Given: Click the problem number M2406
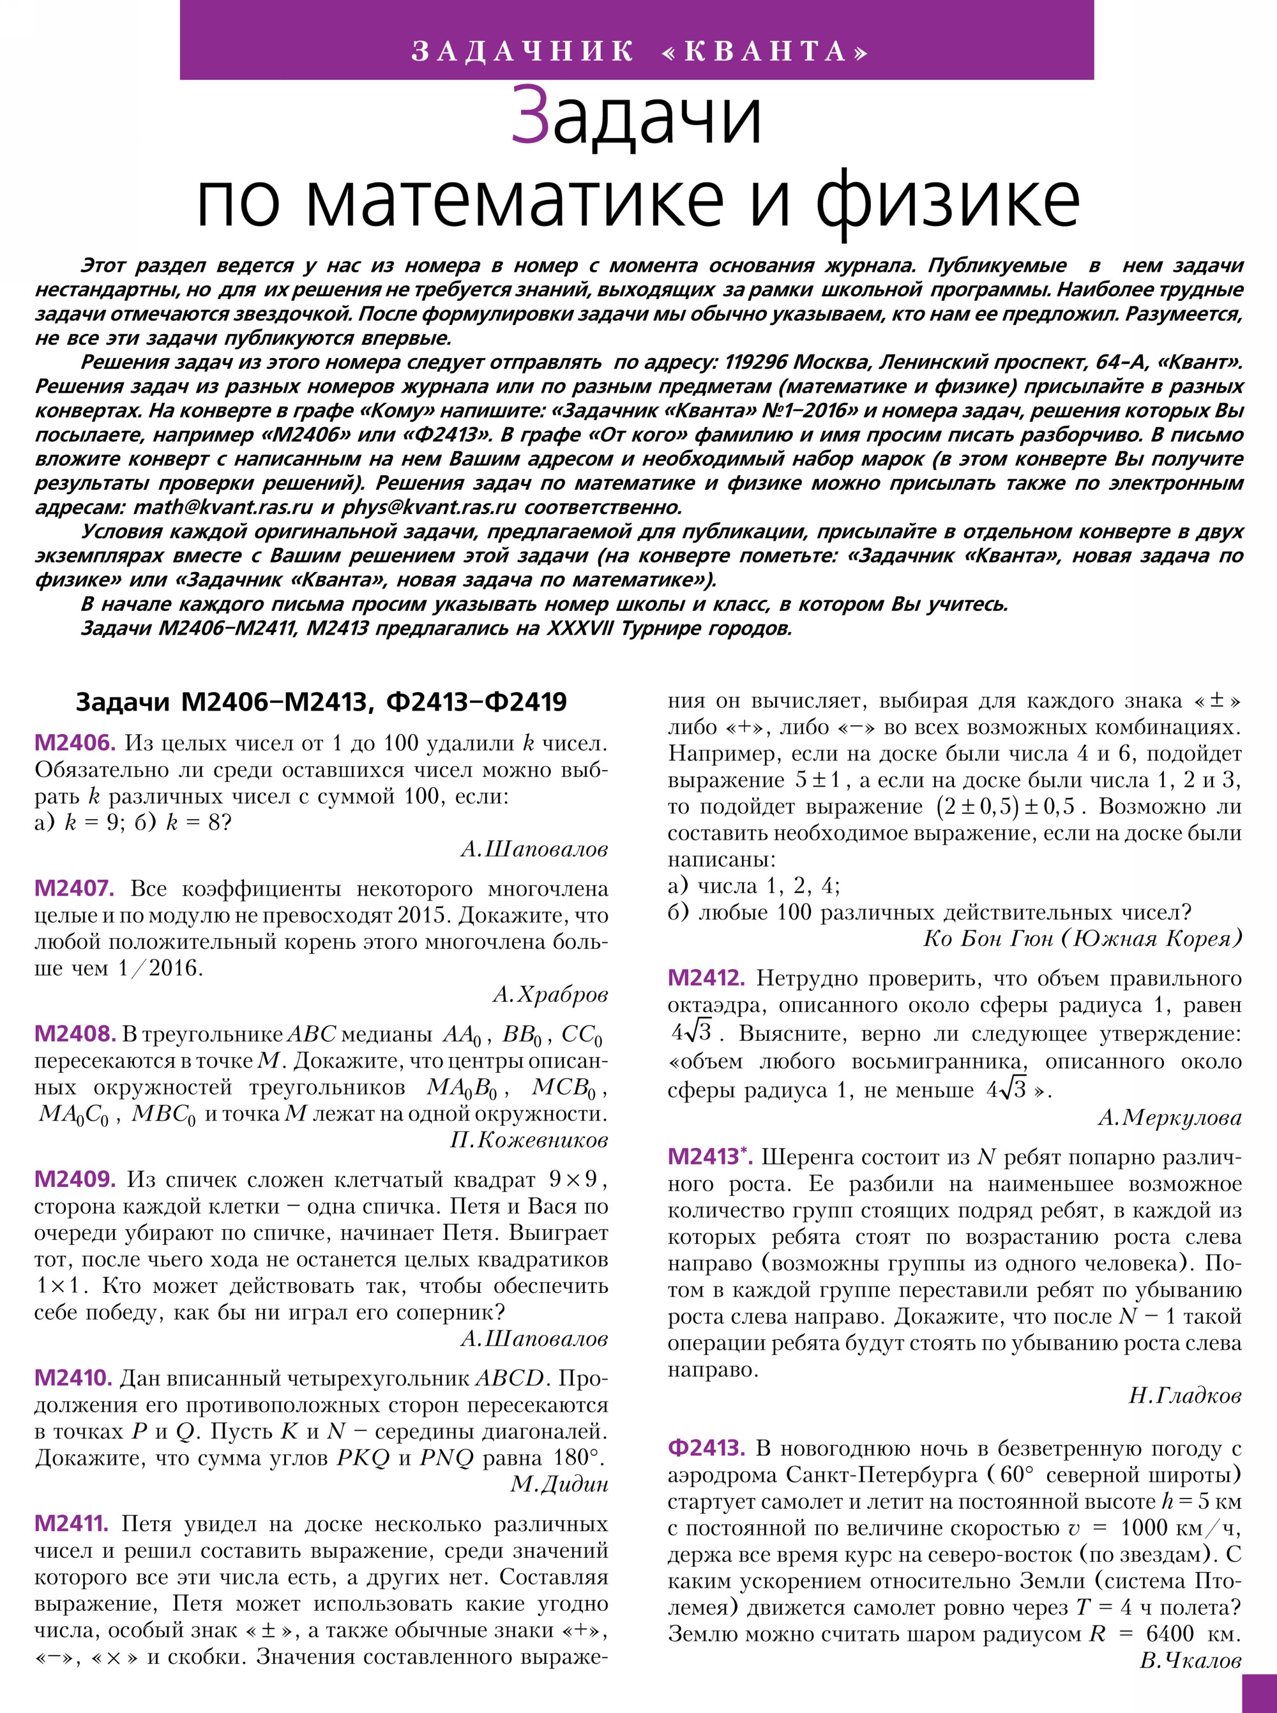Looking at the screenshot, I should (x=75, y=744).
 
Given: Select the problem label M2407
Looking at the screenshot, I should (x=74, y=889).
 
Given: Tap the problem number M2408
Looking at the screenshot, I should (x=75, y=1034).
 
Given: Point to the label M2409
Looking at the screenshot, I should (x=75, y=1180).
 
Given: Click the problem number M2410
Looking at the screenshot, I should (x=74, y=1378).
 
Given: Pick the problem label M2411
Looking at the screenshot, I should (x=73, y=1525).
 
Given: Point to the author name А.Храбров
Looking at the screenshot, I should (x=550, y=995).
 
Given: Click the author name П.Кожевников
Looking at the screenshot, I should (x=529, y=1140).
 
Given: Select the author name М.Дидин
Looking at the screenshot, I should (x=559, y=1484).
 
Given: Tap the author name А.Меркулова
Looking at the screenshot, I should (x=1170, y=1118).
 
